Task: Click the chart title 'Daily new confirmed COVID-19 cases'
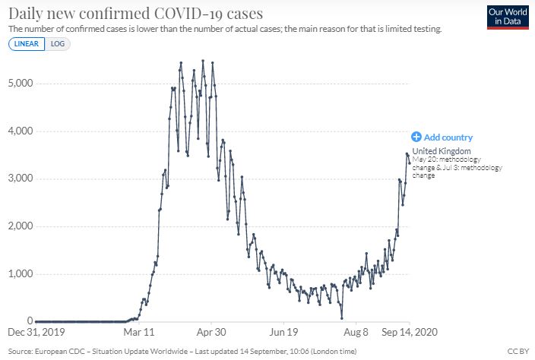[x=135, y=13]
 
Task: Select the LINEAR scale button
[x=27, y=43]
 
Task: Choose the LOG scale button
[x=58, y=43]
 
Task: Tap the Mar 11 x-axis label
[x=138, y=332]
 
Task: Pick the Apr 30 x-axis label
[x=211, y=332]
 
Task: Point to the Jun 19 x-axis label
[x=283, y=332]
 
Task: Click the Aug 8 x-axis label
[x=356, y=332]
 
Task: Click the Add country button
[x=442, y=137]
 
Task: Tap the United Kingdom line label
[x=442, y=151]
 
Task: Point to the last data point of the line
[x=410, y=162]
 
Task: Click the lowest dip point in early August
[x=342, y=317]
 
